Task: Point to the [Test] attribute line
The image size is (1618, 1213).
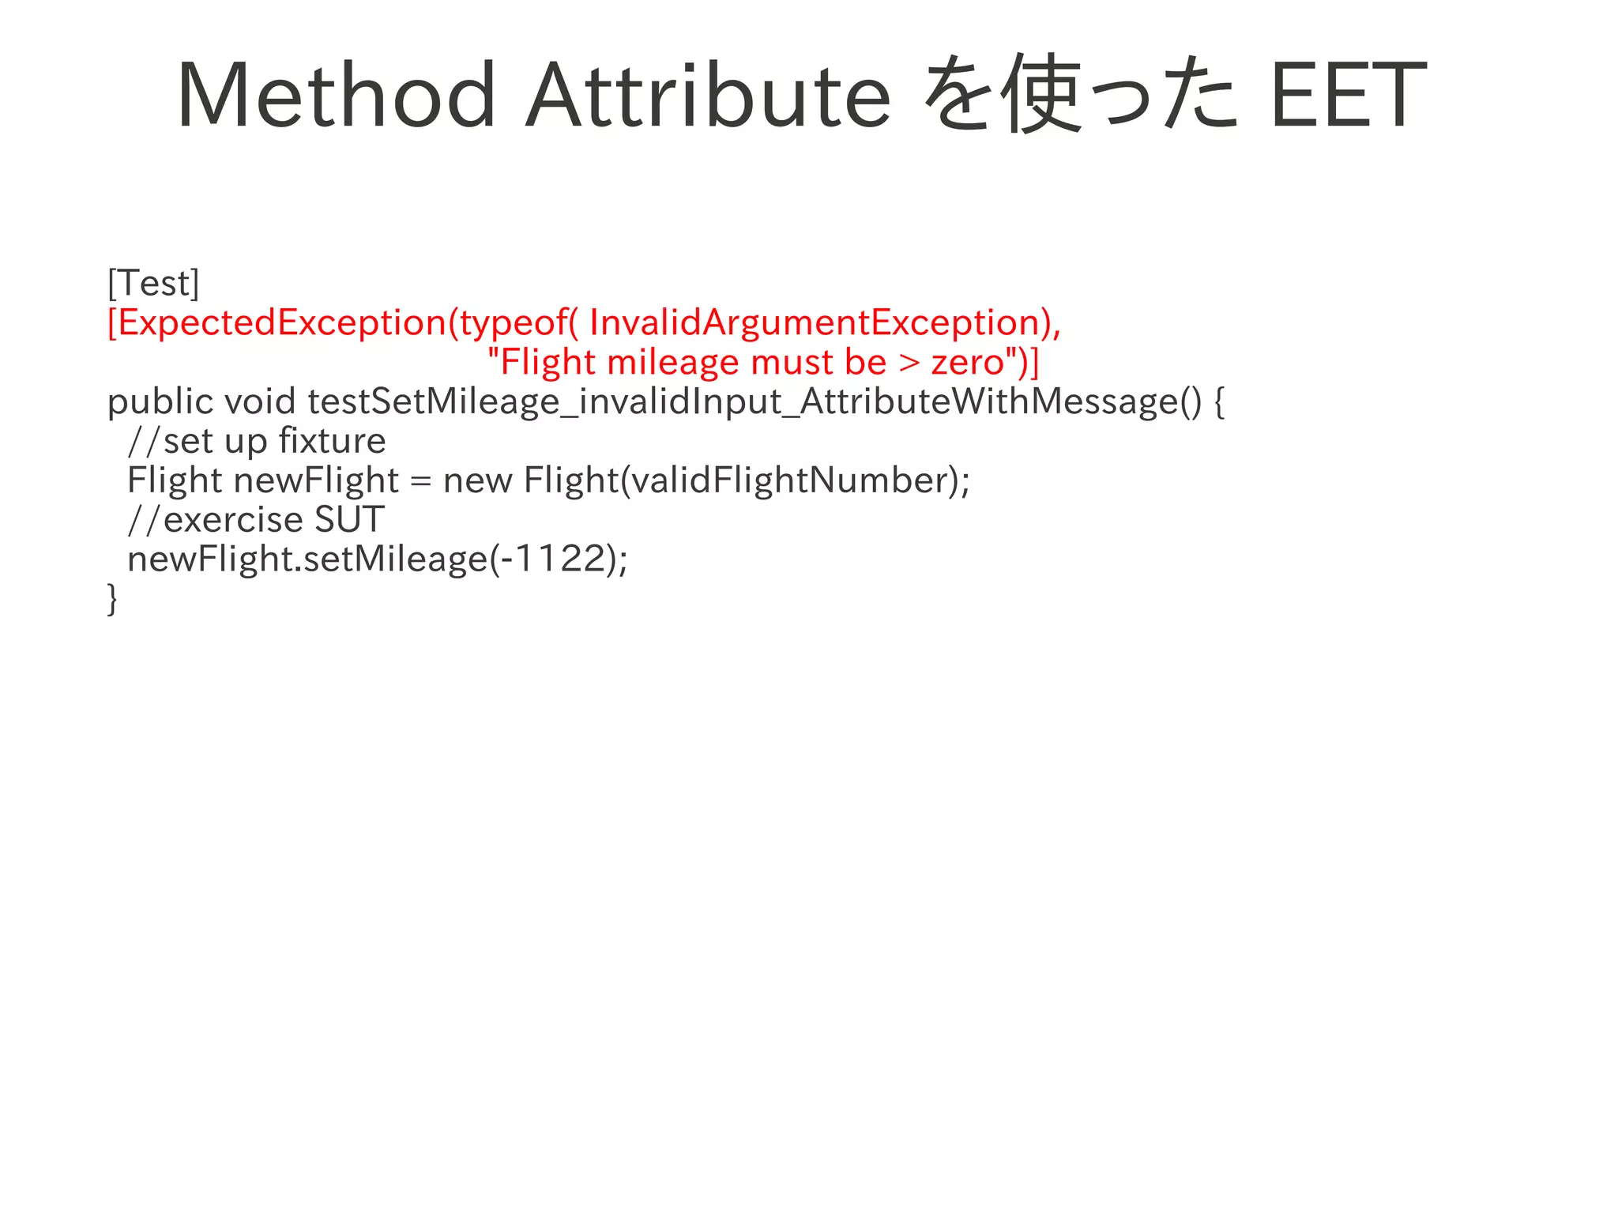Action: [153, 283]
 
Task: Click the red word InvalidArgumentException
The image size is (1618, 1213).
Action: [814, 322]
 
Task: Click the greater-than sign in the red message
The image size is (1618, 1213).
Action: [909, 363]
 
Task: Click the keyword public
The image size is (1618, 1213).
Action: [160, 402]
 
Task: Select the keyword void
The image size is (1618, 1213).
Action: [260, 401]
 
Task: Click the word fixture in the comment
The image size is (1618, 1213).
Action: [333, 441]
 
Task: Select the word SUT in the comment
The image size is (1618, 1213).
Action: [349, 520]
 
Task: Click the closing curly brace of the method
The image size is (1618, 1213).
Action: [112, 599]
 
